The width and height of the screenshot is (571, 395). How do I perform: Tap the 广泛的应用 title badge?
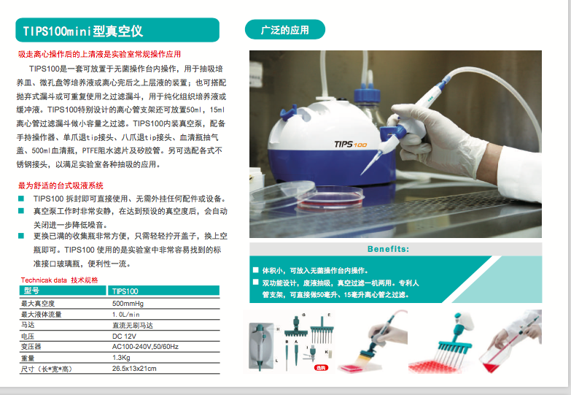coord(284,31)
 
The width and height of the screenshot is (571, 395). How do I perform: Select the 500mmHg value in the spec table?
coord(127,303)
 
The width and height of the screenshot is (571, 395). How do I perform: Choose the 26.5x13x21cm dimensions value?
coord(134,369)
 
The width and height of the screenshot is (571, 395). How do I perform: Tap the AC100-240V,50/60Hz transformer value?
coord(145,347)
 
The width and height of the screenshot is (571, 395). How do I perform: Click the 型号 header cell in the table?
coord(31,291)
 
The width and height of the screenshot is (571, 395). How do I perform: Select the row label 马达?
coord(28,325)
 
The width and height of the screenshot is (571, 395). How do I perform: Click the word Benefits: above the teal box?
coord(388,249)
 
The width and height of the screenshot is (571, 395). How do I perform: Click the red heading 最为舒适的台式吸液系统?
coord(61,185)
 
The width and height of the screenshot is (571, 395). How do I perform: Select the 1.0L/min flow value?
coord(126,314)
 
